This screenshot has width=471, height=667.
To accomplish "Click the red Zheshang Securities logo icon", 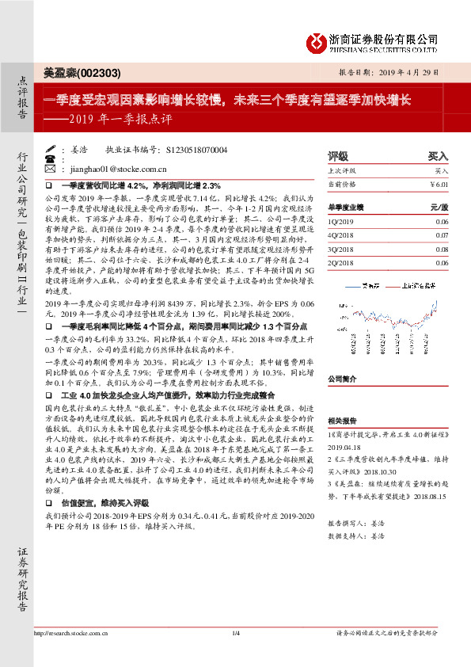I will pyautogui.click(x=317, y=41).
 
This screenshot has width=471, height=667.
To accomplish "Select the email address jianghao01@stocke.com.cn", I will pyautogui.click(x=117, y=169).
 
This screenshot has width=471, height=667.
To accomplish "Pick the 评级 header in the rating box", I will pyautogui.click(x=338, y=156).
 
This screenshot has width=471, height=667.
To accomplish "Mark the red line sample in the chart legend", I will pyautogui.click(x=392, y=286).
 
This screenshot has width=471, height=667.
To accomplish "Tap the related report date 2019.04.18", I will pyautogui.click(x=345, y=447).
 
